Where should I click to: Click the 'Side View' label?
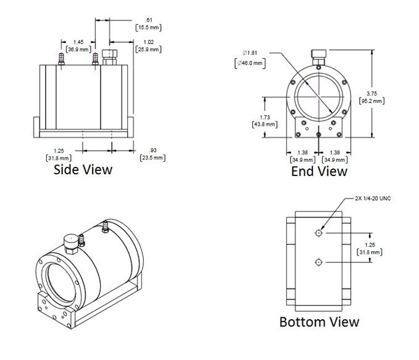pos(83,168)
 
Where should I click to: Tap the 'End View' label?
pos(319,171)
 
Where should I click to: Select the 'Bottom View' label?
pos(319,322)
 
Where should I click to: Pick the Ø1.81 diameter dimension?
pos(244,52)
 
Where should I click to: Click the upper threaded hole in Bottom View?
pos(318,233)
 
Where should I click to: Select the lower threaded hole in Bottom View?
pos(318,262)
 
